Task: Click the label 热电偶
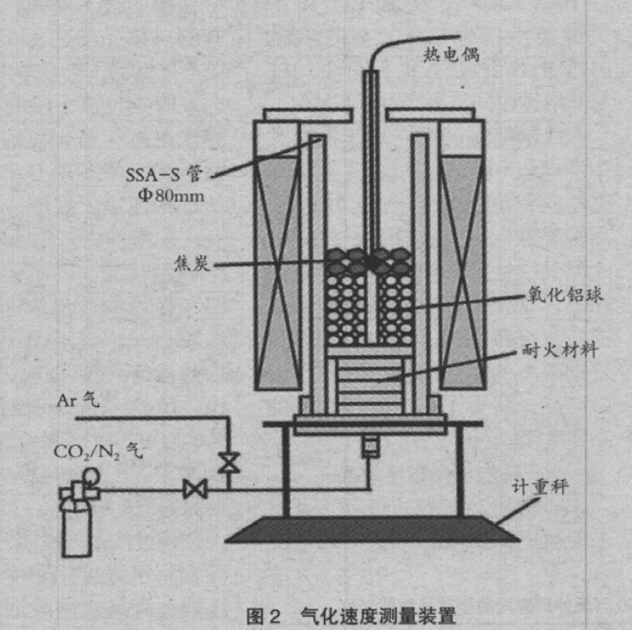tap(451, 53)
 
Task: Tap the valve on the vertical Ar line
tap(227, 462)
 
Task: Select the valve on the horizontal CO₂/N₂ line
tap(196, 489)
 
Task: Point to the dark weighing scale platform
tap(372, 530)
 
